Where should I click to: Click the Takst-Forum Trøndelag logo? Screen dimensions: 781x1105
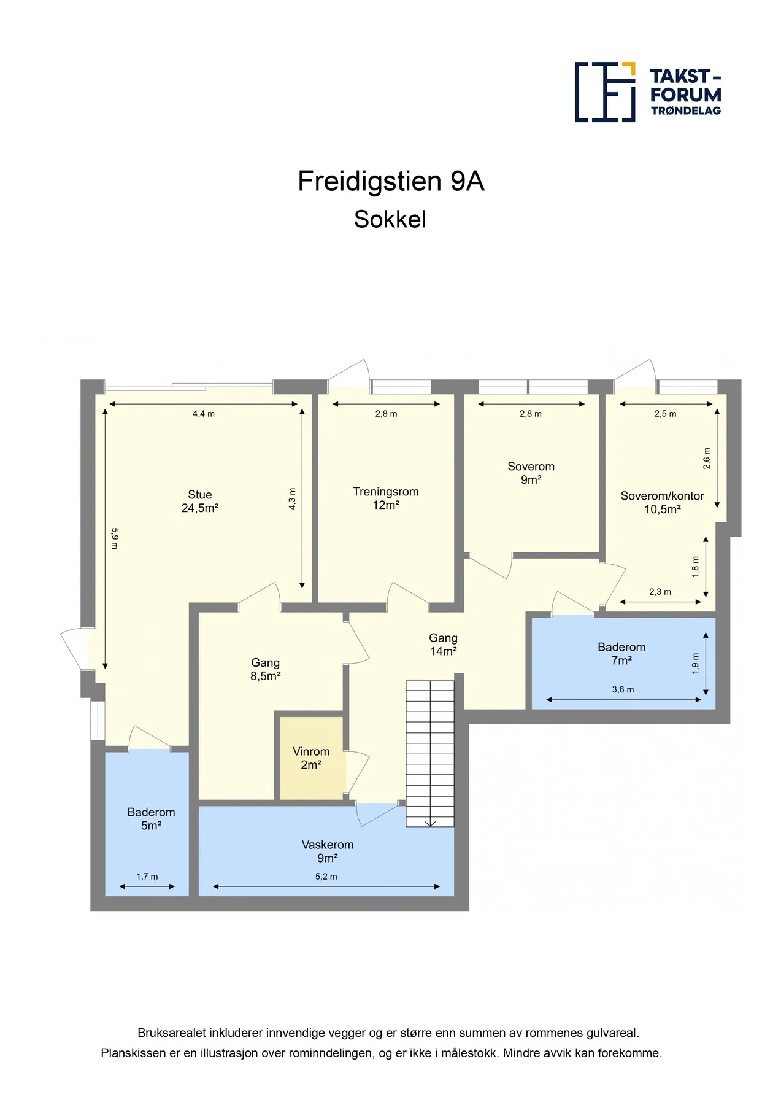(x=648, y=92)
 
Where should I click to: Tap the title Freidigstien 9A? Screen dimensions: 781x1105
(x=391, y=182)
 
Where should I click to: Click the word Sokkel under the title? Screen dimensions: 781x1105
(x=390, y=220)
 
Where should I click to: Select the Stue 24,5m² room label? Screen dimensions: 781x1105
(x=200, y=502)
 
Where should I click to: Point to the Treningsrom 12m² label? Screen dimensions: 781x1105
(x=386, y=498)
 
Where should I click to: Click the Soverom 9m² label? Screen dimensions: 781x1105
(x=531, y=473)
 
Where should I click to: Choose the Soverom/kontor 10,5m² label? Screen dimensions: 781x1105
(x=662, y=503)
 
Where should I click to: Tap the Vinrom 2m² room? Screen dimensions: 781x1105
(x=311, y=758)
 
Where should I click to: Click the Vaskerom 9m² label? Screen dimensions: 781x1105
(x=328, y=851)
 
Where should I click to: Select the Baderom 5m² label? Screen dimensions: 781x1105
(x=151, y=819)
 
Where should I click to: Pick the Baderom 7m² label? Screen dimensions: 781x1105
(x=621, y=654)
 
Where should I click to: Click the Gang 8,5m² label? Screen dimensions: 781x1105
(x=265, y=669)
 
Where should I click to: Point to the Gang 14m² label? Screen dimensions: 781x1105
(x=443, y=645)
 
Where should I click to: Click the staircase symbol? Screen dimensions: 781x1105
(x=430, y=753)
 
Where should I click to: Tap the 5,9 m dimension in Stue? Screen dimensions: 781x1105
(x=115, y=538)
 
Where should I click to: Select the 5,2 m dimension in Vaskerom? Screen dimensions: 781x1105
(x=326, y=877)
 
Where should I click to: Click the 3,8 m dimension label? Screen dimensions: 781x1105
(x=623, y=689)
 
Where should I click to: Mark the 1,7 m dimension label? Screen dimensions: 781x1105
(x=147, y=877)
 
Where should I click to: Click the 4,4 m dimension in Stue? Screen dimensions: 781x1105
(x=204, y=414)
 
